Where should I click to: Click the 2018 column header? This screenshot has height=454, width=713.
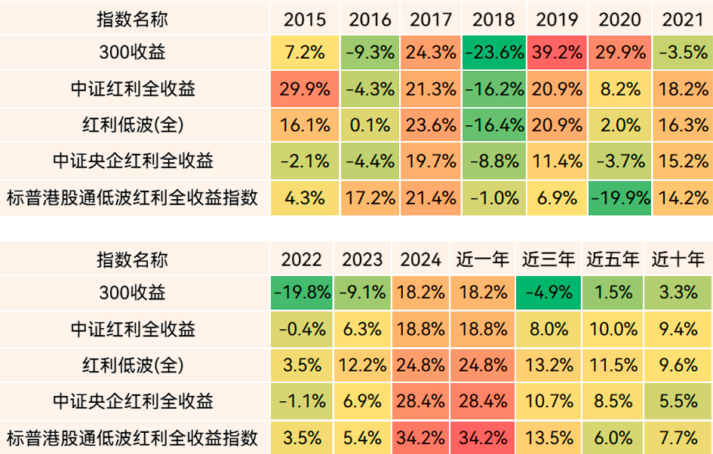[494, 20]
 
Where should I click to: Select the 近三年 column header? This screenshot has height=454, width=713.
[549, 260]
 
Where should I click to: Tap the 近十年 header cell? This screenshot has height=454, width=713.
[678, 260]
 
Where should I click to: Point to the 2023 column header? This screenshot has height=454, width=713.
[362, 260]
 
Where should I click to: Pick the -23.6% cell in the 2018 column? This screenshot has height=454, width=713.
[494, 53]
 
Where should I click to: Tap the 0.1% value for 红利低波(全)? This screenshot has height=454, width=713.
[370, 125]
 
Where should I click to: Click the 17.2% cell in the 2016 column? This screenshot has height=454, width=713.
[370, 198]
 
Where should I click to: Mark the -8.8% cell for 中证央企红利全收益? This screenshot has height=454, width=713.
[494, 161]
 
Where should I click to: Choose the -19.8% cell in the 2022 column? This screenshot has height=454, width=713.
[301, 293]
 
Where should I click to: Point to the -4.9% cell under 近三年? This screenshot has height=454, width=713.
[549, 293]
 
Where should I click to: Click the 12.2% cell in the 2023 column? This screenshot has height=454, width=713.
[362, 366]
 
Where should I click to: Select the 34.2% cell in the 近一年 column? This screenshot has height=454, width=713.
[483, 437]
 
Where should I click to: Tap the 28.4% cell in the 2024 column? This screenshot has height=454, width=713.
[421, 402]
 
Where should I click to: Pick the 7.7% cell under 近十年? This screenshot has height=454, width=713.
[678, 437]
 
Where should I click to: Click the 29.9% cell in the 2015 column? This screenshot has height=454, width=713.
[305, 89]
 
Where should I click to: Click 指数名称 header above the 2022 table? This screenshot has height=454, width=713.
[133, 260]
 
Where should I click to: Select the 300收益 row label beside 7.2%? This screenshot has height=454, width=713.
[133, 53]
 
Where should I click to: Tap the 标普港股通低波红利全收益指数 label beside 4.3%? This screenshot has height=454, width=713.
[133, 198]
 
